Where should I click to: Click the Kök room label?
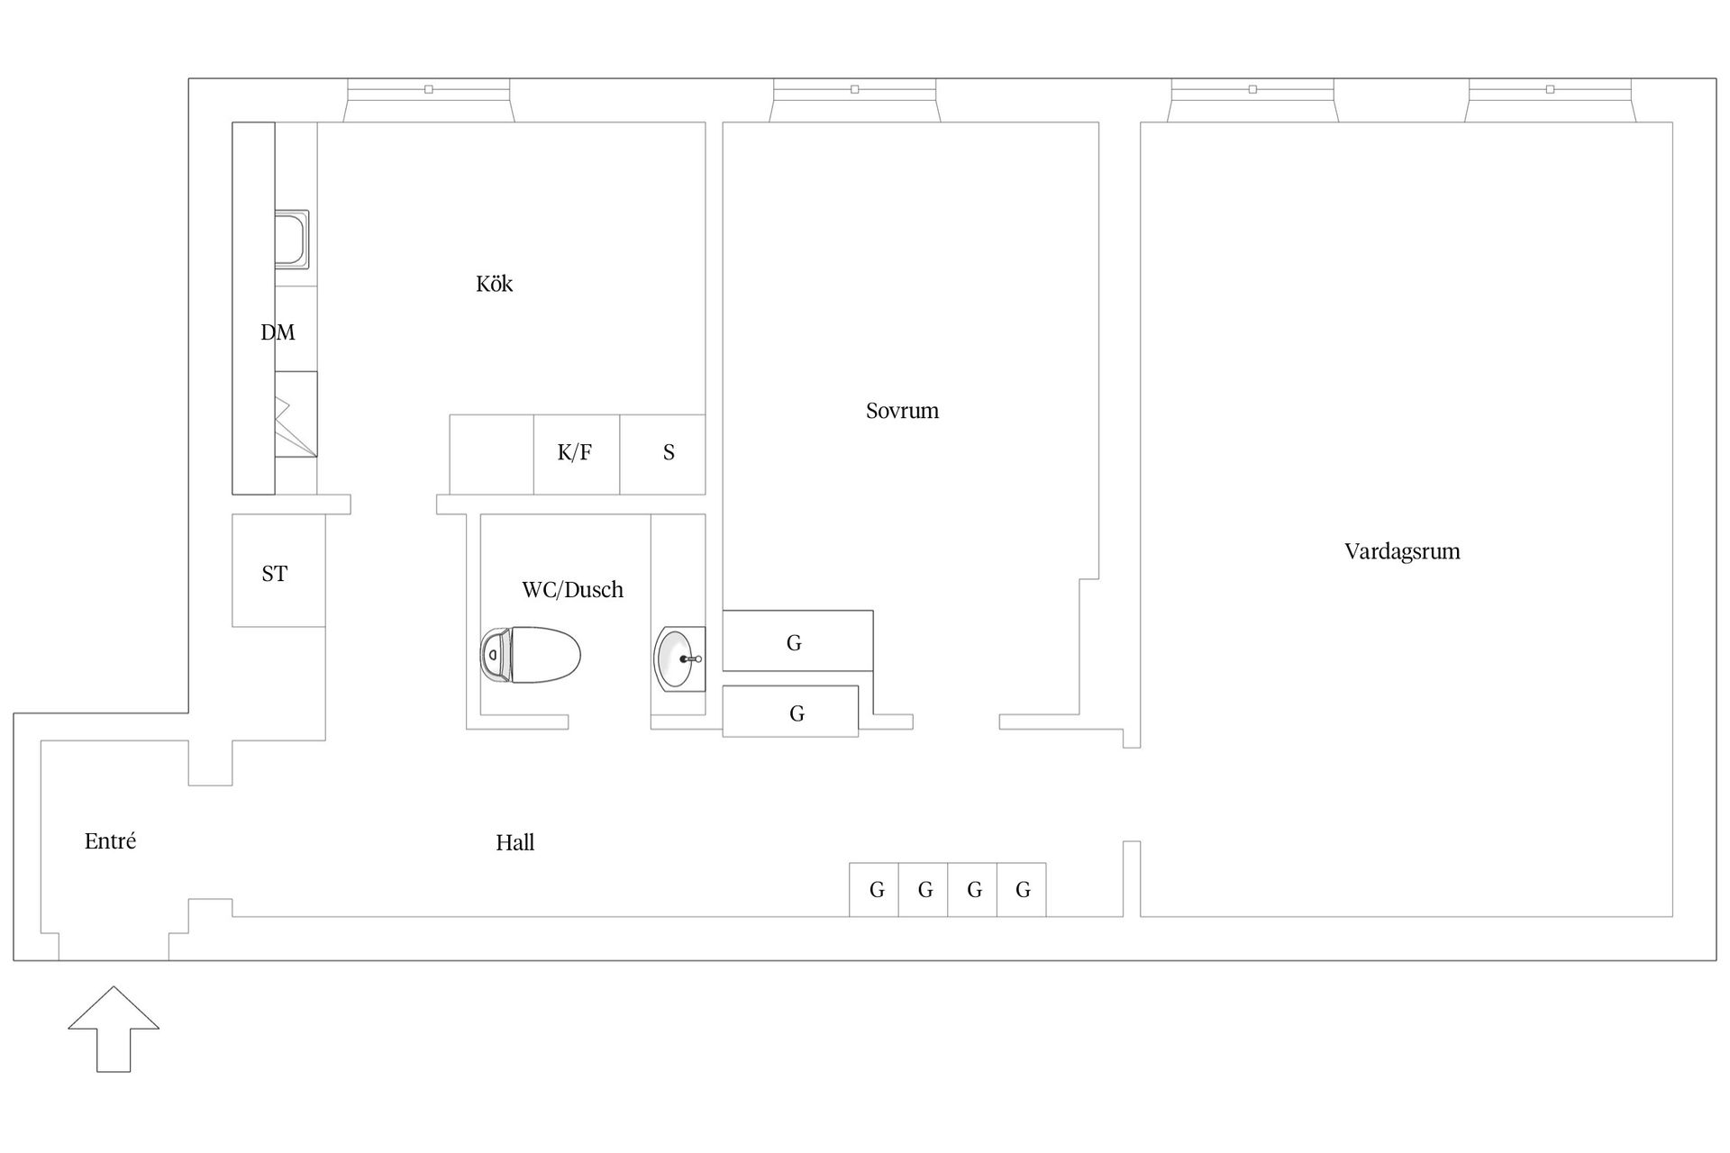494,284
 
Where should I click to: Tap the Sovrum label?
902,411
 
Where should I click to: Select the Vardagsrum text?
1402,551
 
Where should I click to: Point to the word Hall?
514,842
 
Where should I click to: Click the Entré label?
110,840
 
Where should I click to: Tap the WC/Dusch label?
572,590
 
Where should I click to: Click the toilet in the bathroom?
530,655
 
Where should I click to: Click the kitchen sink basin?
291,238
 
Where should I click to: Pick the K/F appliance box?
576,454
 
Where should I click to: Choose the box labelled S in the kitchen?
662,454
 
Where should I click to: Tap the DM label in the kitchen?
278,332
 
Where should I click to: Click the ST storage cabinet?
278,570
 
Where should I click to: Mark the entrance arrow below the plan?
114,1029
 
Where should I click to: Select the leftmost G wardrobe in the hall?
874,890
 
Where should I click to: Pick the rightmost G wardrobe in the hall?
1022,890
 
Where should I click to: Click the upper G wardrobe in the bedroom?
797,640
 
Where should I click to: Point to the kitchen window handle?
429,89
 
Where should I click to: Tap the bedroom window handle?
855,89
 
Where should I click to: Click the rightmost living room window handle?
1550,89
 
